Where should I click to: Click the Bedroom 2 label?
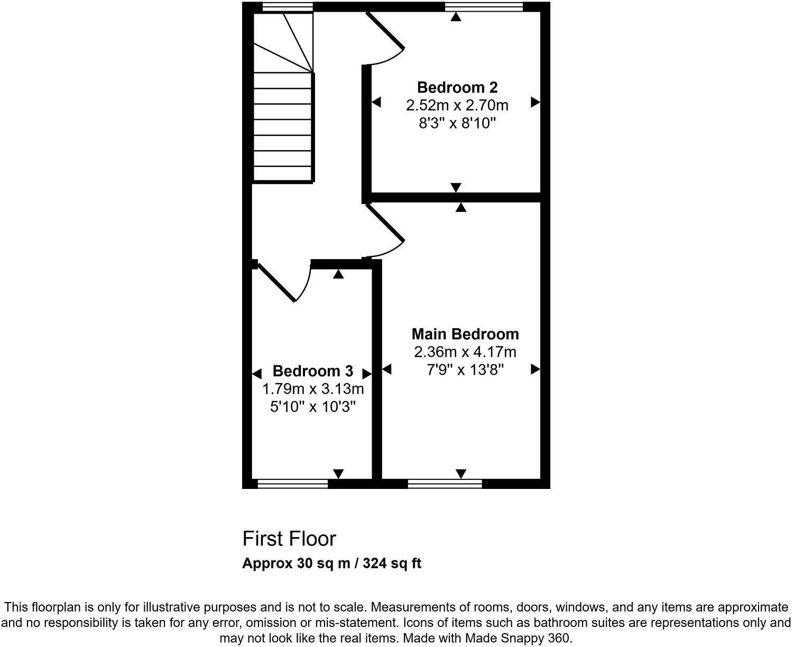(457, 87)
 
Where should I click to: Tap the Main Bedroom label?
(465, 334)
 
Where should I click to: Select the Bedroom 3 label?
(313, 371)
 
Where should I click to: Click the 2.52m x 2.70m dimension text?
(457, 106)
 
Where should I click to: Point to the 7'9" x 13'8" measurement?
(465, 369)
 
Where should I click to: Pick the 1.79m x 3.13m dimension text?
(313, 390)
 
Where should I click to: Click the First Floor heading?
(289, 539)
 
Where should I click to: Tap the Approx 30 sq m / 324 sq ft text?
(331, 563)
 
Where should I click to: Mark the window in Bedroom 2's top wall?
(484, 6)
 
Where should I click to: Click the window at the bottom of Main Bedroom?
(445, 483)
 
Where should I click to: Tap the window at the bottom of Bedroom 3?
(292, 483)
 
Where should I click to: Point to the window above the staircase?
(288, 6)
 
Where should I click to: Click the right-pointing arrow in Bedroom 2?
(536, 102)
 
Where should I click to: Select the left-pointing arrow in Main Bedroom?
(386, 369)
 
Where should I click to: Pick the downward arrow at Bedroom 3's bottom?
(338, 473)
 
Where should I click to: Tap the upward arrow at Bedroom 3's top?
(338, 274)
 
